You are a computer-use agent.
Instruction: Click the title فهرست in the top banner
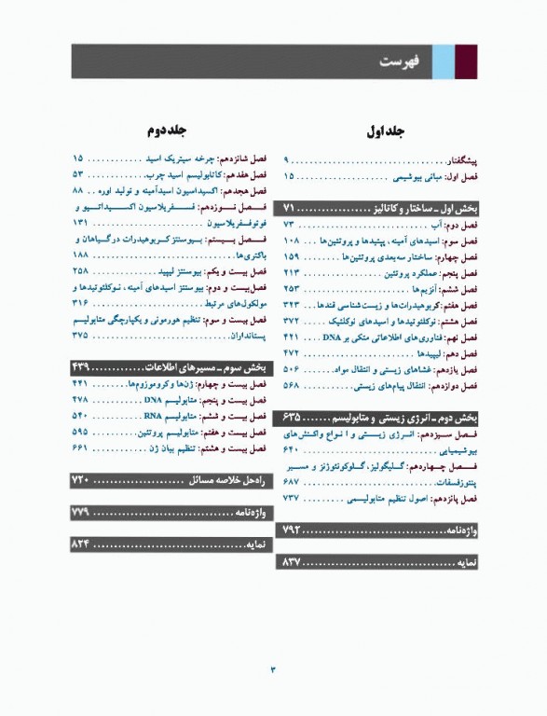tap(399, 62)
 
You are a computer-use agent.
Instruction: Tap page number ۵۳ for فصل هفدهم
tap(78, 174)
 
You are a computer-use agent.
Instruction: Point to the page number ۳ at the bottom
tap(273, 668)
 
